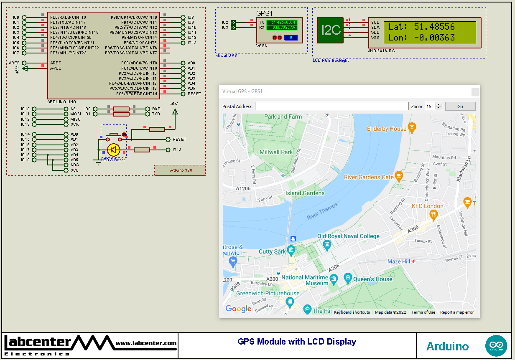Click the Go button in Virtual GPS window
click(x=460, y=106)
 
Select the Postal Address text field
click(x=331, y=106)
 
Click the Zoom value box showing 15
click(x=430, y=106)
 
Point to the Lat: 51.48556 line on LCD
click(x=421, y=27)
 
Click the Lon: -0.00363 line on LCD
click(x=421, y=38)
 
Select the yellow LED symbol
click(x=114, y=150)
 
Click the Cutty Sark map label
click(x=272, y=251)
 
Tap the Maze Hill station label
click(x=399, y=261)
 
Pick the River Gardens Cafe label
click(x=369, y=177)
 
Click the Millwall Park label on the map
click(x=276, y=152)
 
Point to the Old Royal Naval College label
click(x=348, y=236)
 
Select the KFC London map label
click(x=427, y=206)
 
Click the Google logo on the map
click(x=238, y=309)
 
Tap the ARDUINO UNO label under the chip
click(x=61, y=102)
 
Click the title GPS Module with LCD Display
click(x=297, y=342)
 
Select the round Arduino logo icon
click(x=496, y=346)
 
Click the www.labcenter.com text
click(x=146, y=343)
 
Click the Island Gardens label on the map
click(x=305, y=193)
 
